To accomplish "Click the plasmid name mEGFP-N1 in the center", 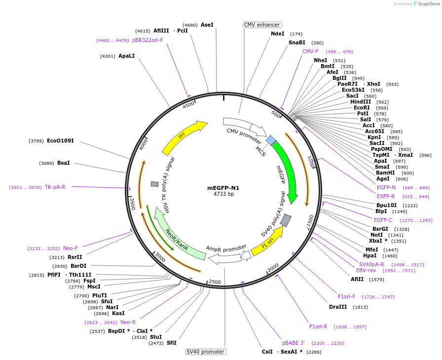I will point(223,188).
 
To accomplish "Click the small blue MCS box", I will point(271,141).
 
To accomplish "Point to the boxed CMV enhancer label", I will point(262,25).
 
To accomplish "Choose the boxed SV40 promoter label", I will point(206,352).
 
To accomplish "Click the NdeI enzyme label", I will point(278,34).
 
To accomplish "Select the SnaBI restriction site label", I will point(297,42).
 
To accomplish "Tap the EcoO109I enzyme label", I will point(60,141).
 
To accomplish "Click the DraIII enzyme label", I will point(338,307).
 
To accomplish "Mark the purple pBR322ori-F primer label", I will point(147,40).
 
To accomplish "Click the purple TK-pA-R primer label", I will point(55,187).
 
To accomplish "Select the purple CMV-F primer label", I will point(310,51).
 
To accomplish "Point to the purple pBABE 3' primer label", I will point(294,343).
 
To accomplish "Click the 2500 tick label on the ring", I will point(215,282).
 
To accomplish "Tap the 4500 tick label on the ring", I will point(188,106).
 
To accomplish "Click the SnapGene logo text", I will point(427,4).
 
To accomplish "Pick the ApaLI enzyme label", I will point(126,56).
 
